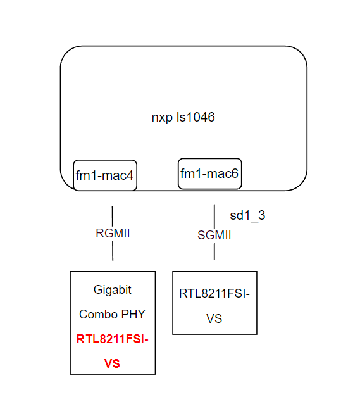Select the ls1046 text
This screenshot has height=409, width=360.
click(194, 117)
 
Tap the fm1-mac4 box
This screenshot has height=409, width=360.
click(105, 175)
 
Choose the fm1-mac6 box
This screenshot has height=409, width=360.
click(209, 173)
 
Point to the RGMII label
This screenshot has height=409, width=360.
click(113, 233)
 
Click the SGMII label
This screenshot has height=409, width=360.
click(214, 235)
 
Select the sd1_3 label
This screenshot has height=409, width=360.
click(247, 215)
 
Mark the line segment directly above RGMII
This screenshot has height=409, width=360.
click(113, 215)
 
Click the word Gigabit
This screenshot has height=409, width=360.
click(113, 289)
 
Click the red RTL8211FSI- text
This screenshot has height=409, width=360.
click(113, 339)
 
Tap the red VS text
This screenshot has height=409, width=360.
click(113, 363)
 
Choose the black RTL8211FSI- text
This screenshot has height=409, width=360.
click(214, 293)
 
